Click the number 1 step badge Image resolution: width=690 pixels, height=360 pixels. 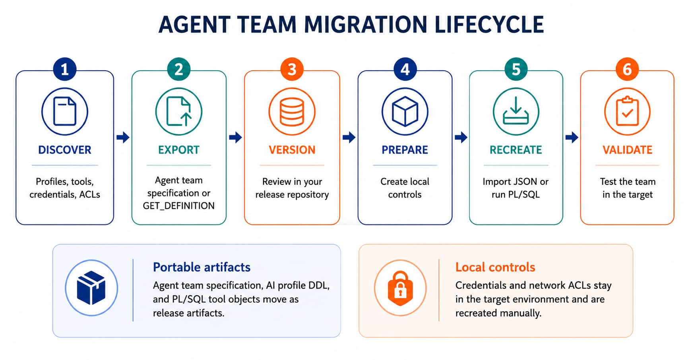(x=64, y=70)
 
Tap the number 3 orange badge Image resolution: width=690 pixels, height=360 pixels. (x=292, y=70)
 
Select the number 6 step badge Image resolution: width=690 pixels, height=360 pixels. (x=627, y=70)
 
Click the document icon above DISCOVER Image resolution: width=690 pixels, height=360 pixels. (x=65, y=111)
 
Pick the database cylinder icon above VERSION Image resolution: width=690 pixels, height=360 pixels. (x=292, y=111)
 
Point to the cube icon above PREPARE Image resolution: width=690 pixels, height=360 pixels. (x=405, y=111)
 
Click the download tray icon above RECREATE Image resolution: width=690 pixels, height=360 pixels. (x=516, y=111)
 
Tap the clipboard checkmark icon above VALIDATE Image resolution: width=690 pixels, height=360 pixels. (x=627, y=111)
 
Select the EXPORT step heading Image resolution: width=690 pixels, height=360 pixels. (x=179, y=150)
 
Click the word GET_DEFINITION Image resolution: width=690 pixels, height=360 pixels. (x=179, y=206)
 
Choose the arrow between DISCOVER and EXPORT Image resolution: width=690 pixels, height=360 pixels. (x=123, y=137)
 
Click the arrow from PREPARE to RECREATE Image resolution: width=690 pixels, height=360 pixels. (x=461, y=137)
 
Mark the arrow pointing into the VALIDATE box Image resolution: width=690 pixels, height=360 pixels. (x=572, y=137)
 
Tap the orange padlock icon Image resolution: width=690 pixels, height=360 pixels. (x=400, y=288)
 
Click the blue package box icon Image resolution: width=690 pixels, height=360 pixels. (x=91, y=288)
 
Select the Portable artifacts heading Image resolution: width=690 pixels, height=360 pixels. (x=202, y=267)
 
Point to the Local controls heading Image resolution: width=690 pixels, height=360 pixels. (x=495, y=267)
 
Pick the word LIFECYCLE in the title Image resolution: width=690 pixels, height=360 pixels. (x=489, y=25)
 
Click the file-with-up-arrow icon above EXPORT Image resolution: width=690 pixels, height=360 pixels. (x=179, y=111)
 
